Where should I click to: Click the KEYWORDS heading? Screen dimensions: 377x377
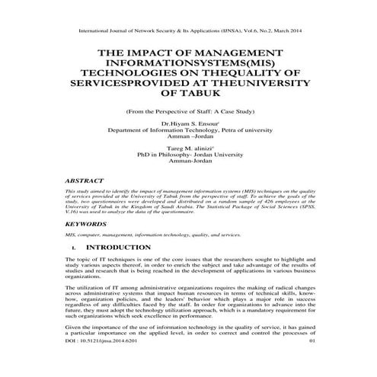[86, 226]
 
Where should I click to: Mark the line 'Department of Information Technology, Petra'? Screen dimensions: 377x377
[188, 131]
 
